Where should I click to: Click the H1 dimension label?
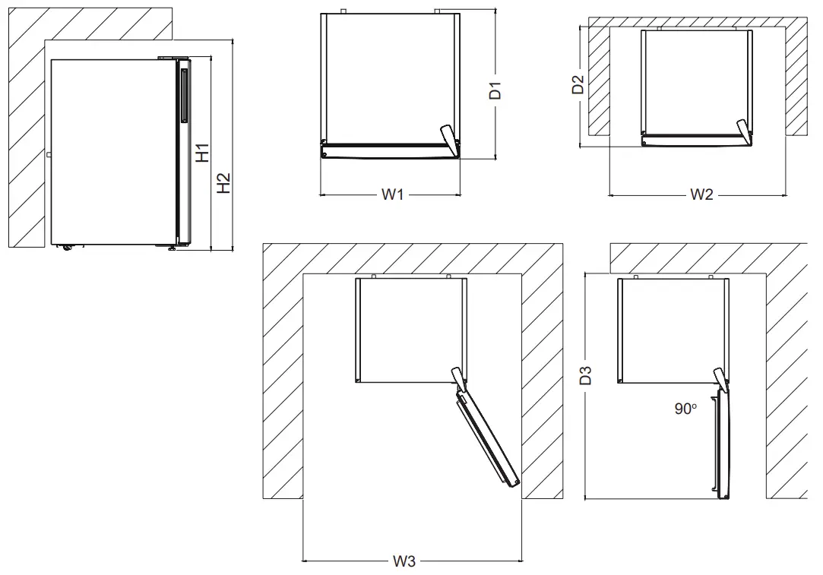[202, 153]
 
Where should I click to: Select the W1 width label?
[392, 195]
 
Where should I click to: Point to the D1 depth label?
[495, 92]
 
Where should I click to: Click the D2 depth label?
[578, 84]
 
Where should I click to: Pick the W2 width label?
[701, 195]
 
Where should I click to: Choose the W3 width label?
[404, 562]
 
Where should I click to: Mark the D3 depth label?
[585, 375]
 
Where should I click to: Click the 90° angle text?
[685, 409]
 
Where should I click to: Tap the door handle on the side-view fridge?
[183, 95]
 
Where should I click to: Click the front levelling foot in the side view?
[174, 246]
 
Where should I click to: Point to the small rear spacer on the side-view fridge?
[48, 154]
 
